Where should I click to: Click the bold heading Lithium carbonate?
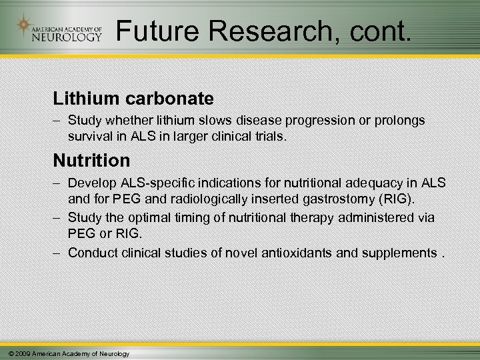click(x=133, y=99)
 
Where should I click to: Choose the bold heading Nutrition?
click(x=91, y=161)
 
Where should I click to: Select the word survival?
click(x=89, y=137)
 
